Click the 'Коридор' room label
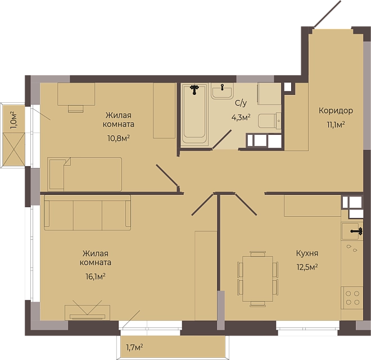point(336,111)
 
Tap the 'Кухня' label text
point(307,253)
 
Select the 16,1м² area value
point(96,276)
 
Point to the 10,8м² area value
point(119,138)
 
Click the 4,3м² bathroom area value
point(241,117)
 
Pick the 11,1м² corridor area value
point(336,124)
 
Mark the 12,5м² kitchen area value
point(307,267)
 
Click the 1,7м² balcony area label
point(134,347)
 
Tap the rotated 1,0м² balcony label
point(13,120)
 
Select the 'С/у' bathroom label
point(241,103)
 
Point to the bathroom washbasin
point(223,91)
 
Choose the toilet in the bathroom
point(269,121)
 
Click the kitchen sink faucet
point(357,231)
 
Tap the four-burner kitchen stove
point(352,298)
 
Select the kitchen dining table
point(257,279)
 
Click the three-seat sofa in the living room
point(88,212)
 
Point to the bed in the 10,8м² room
point(85,174)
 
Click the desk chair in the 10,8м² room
point(76,109)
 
